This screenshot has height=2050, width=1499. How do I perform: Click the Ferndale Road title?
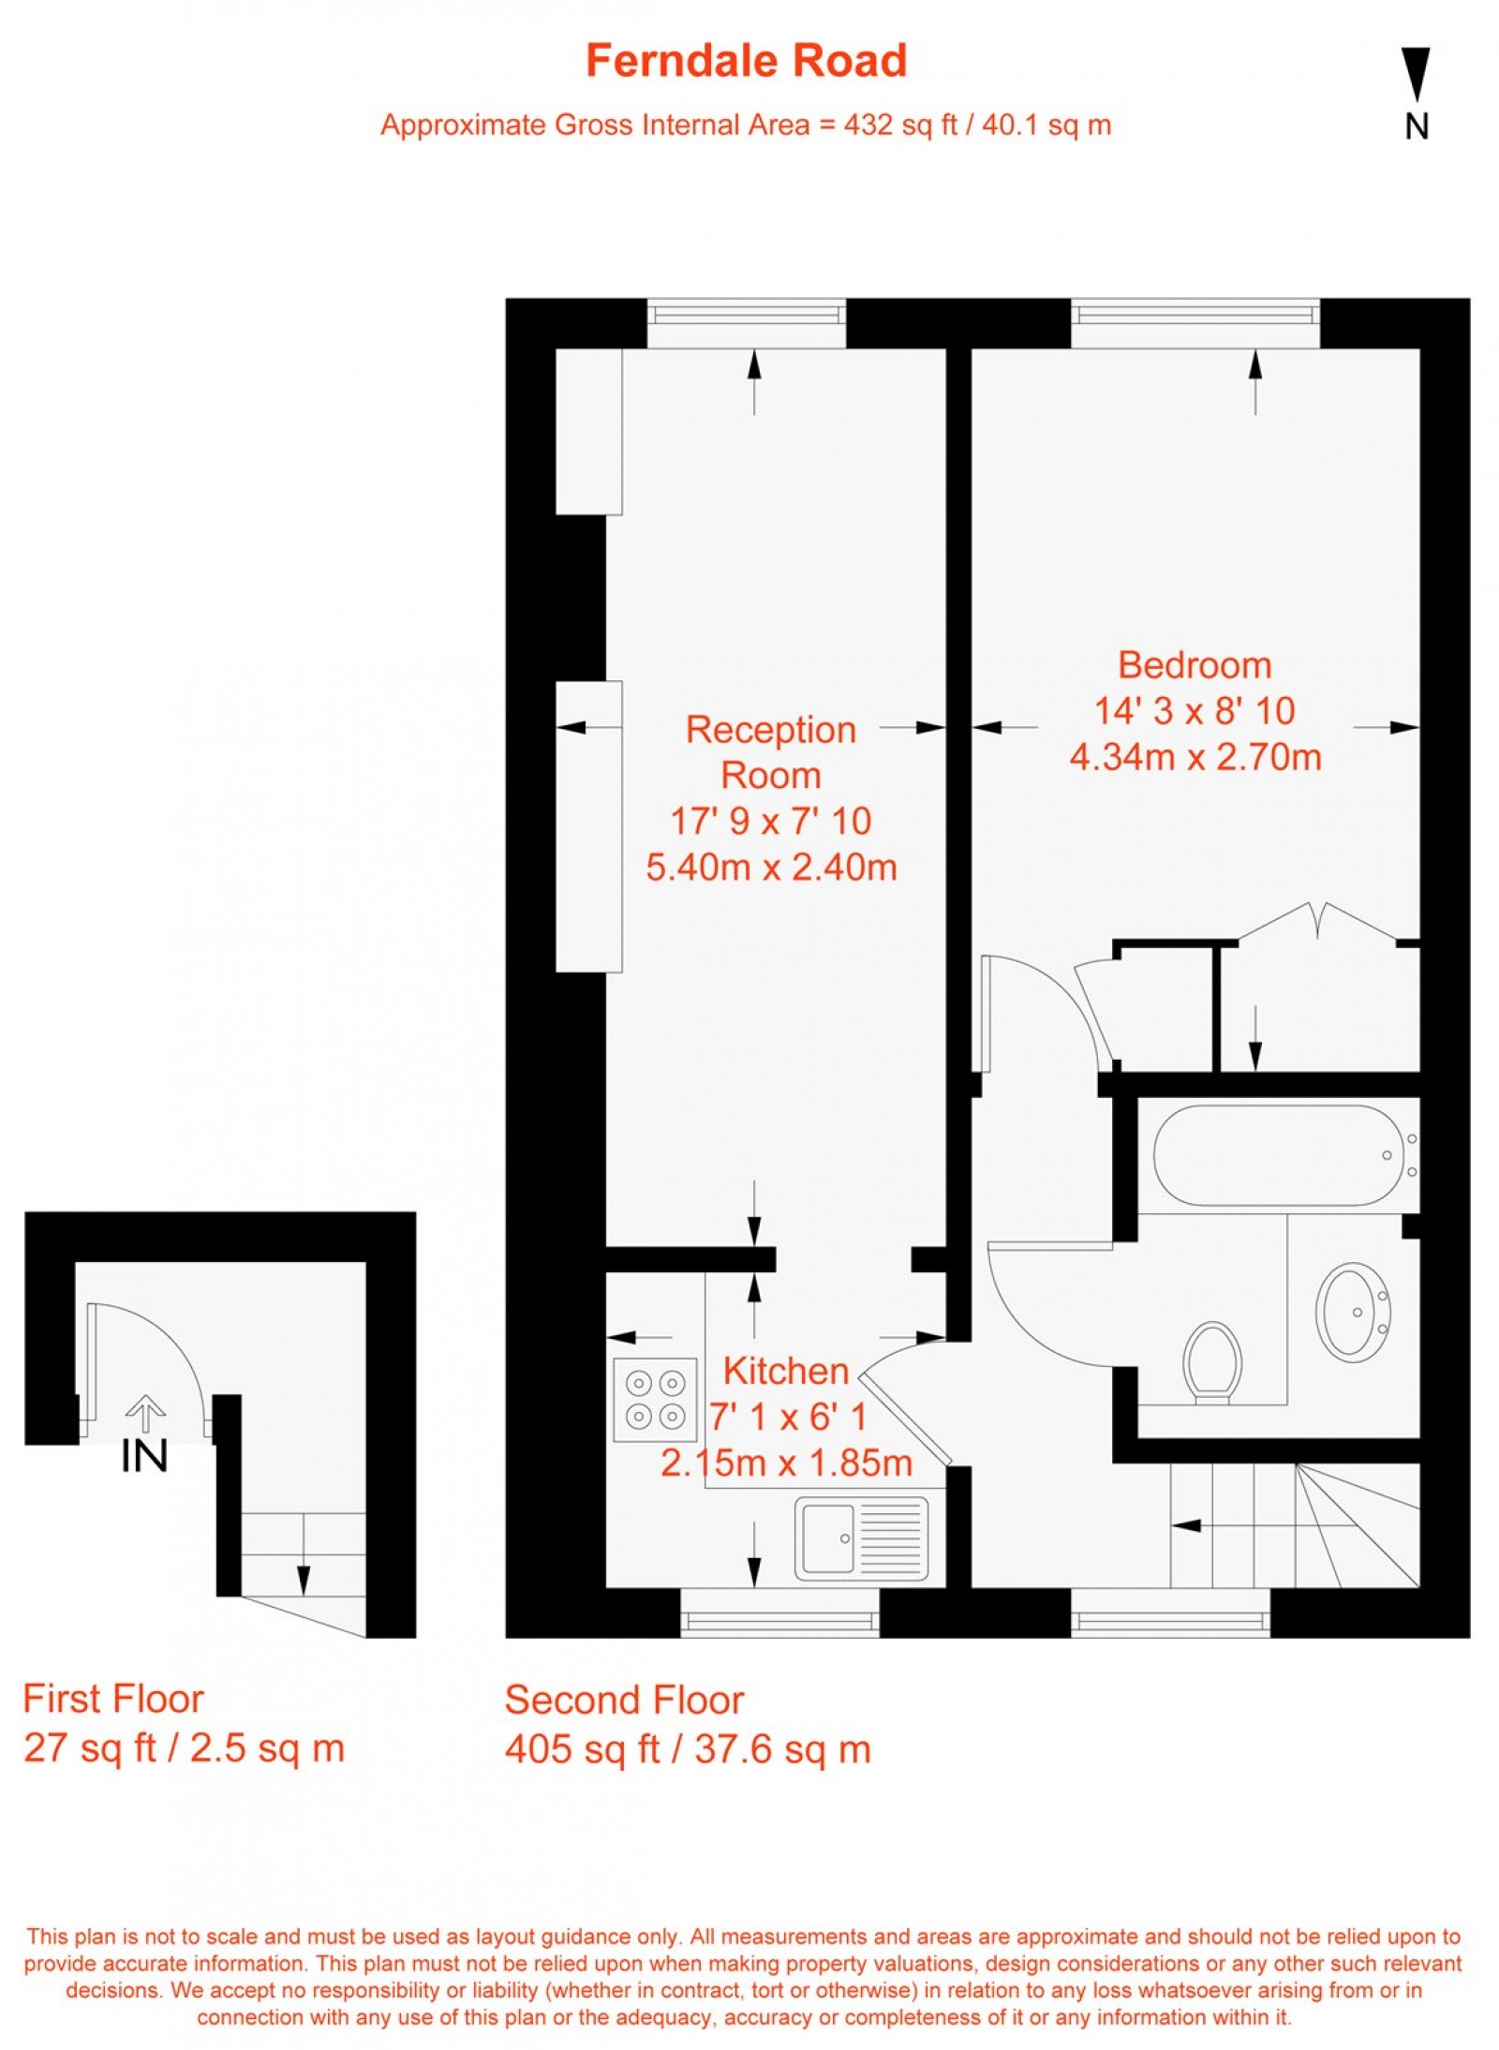click(x=746, y=61)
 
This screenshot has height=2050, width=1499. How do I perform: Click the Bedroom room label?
click(x=1195, y=665)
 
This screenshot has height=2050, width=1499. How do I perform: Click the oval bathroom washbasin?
click(x=1352, y=1311)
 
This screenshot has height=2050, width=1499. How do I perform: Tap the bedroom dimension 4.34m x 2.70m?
click(x=1195, y=757)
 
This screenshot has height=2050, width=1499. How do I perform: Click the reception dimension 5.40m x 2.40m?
click(x=771, y=867)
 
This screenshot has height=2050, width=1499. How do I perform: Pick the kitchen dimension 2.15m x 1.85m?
click(x=786, y=1463)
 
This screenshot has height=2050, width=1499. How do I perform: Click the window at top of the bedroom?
click(x=1195, y=323)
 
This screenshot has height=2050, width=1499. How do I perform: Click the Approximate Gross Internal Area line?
click(x=746, y=125)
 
